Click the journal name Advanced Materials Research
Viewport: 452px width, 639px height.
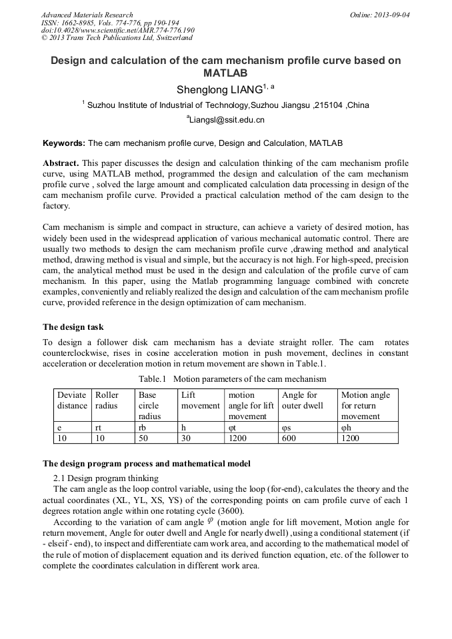(87, 15)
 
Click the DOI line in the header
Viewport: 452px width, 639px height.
(118, 30)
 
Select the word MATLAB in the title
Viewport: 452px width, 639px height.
(226, 73)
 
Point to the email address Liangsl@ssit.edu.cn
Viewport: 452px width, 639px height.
(227, 120)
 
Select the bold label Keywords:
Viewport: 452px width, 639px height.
(64, 143)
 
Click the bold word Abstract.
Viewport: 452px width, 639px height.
(61, 163)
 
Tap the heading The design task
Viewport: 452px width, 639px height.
(73, 327)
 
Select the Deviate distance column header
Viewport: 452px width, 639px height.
(72, 400)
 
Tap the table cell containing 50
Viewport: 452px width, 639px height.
(143, 438)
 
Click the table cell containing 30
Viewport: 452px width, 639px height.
(187, 438)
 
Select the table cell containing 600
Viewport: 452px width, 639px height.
(291, 438)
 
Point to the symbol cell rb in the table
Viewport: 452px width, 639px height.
(143, 427)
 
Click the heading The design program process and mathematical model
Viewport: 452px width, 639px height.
(147, 464)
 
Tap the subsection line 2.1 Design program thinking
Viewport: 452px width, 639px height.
(105, 478)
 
